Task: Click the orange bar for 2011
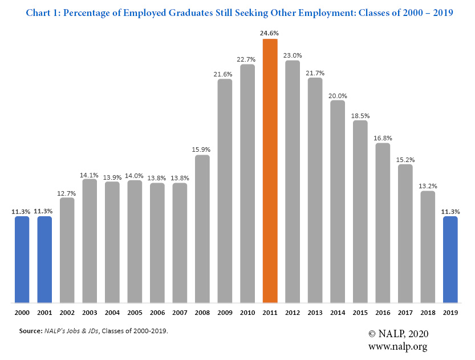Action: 270,171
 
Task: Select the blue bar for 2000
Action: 22,260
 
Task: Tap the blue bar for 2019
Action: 450,260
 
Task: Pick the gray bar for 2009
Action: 225,191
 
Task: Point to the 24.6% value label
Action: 270,33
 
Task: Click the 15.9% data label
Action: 202,150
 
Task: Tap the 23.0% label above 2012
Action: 293,55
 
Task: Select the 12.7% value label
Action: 67,192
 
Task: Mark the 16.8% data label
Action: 383,137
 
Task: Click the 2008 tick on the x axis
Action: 202,313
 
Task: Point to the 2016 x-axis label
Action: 383,313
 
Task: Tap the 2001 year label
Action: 44,313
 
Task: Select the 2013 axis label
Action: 315,313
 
